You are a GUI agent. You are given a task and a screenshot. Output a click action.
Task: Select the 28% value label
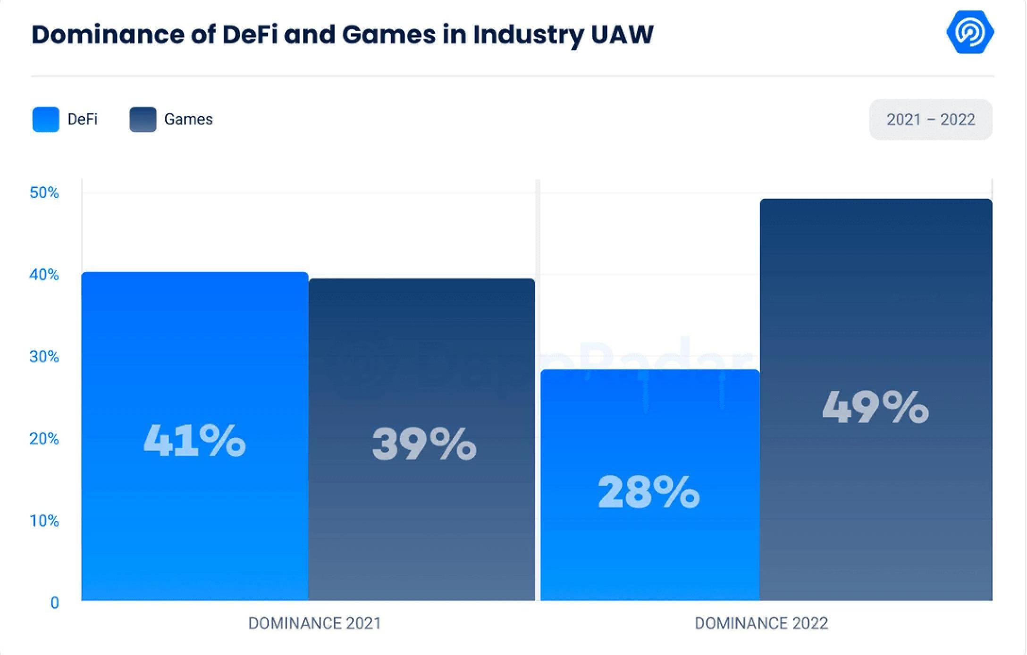point(649,492)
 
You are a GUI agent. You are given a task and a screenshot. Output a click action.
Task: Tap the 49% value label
point(875,407)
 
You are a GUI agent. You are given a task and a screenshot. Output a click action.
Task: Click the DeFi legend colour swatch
point(46,119)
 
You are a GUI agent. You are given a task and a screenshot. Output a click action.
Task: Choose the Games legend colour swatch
point(143,119)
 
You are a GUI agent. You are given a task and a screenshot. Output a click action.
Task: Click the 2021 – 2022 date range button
point(931,119)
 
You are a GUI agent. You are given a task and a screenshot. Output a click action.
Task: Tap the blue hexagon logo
point(970,32)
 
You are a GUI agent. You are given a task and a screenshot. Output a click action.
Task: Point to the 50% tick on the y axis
point(44,193)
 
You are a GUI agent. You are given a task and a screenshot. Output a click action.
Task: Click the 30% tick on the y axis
point(44,357)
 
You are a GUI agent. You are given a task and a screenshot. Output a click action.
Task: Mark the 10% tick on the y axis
point(44,521)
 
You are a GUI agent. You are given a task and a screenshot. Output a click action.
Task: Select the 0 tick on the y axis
point(55,603)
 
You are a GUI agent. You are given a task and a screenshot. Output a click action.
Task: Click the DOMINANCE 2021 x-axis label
point(315,623)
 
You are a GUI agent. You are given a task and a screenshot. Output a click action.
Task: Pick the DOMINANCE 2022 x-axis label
point(761,623)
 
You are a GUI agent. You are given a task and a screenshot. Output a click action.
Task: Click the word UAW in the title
point(622,34)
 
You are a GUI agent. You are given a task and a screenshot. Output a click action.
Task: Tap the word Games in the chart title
point(388,34)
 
